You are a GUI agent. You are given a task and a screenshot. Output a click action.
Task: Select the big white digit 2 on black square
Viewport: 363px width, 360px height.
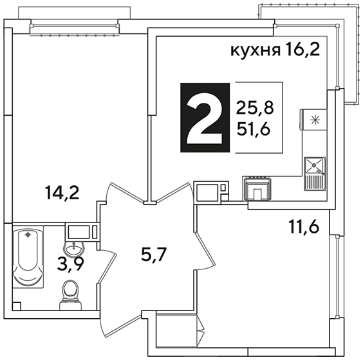[x=205, y=118]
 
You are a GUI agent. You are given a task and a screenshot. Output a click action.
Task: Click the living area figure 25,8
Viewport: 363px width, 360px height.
[x=255, y=108]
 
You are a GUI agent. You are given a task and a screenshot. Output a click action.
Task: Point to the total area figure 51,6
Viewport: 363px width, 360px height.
[x=254, y=129]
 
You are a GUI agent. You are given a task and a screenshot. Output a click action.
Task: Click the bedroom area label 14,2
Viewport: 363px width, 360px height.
[x=62, y=193]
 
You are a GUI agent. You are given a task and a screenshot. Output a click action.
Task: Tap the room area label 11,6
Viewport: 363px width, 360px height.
[x=304, y=226]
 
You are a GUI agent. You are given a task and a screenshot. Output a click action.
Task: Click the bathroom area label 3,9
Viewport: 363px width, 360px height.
[x=71, y=264]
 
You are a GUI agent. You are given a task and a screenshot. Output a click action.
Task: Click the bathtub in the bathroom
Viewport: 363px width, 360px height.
[x=28, y=256]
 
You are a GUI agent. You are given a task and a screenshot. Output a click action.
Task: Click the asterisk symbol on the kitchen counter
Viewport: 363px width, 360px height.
[x=315, y=120]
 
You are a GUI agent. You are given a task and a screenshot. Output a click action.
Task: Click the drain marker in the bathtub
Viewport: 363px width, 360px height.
[x=28, y=235]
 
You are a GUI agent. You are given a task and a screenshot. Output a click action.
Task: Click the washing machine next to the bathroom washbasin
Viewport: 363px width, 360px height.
[x=82, y=231]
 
